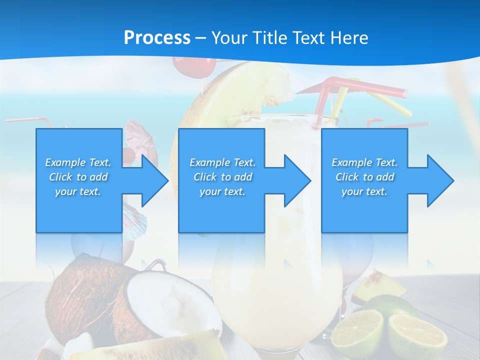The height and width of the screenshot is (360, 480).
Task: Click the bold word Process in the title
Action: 157,37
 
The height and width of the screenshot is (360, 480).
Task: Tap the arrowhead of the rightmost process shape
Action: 440,180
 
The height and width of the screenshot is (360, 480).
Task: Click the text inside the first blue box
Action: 78,177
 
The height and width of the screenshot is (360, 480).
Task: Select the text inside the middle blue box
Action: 222,177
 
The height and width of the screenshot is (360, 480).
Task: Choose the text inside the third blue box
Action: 364,177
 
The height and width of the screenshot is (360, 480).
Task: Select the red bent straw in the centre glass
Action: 360,87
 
